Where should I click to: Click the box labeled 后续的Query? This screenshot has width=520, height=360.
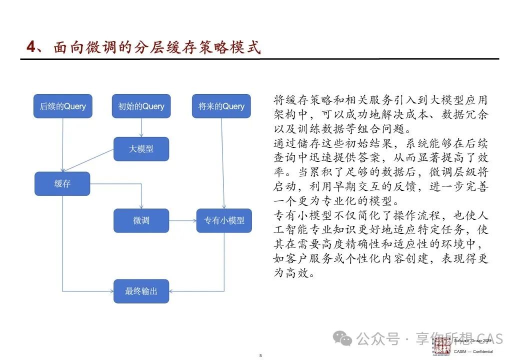point(62,106)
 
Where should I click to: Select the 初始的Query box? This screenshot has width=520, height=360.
point(141,106)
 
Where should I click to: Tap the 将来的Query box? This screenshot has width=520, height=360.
point(221,106)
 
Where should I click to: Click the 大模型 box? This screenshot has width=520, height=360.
point(141,148)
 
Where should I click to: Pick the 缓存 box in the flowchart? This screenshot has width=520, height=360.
point(62,183)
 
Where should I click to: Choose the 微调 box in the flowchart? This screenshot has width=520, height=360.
point(141,220)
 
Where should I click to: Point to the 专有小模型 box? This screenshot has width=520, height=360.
point(224,220)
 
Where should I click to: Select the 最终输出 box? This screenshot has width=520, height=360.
point(141,291)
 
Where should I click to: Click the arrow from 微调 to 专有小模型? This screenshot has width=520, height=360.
point(182,220)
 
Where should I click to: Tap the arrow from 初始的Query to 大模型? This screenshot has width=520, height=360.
point(141,127)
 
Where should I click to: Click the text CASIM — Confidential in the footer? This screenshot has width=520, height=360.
point(473,351)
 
